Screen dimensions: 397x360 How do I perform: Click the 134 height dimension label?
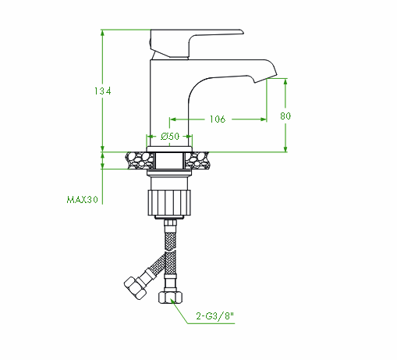point(102,91)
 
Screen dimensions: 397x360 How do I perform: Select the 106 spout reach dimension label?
point(218,119)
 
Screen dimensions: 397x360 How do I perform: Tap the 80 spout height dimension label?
point(285,116)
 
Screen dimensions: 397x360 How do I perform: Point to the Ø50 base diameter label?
point(170,136)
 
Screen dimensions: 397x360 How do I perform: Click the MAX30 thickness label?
point(83,200)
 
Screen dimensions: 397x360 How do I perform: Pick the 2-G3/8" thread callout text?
point(214,316)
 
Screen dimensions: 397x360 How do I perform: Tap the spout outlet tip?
point(266,79)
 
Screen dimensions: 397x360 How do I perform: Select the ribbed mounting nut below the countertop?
point(169,203)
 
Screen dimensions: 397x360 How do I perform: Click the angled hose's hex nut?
point(135,288)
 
